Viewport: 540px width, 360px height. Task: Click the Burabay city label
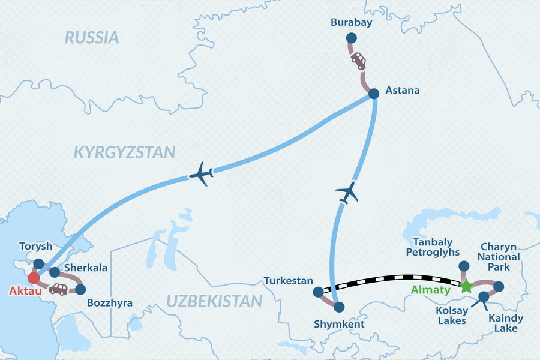[x=352, y=23]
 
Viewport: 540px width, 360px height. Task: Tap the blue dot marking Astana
[x=374, y=94]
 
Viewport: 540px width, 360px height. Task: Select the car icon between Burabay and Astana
[x=358, y=61]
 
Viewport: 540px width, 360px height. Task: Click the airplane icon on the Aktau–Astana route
[x=201, y=174]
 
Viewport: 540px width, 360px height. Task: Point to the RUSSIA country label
[x=92, y=38]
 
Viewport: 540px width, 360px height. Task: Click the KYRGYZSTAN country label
[x=124, y=152]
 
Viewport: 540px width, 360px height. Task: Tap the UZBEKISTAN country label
[x=214, y=301]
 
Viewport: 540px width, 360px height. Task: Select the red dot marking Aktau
[x=34, y=278]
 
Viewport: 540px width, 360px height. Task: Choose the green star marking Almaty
[x=466, y=287]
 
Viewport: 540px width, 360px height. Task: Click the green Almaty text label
[x=430, y=290]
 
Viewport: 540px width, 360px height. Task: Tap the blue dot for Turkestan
[x=318, y=293]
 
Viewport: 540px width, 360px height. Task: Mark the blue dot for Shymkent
[x=339, y=307]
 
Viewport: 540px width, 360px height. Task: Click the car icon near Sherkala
[x=58, y=289]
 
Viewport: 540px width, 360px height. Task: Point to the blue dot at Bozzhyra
[x=81, y=289]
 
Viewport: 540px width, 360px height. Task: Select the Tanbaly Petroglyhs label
[x=432, y=247]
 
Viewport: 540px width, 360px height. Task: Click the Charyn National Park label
[x=500, y=257]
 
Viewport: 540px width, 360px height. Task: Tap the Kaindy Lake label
[x=503, y=323]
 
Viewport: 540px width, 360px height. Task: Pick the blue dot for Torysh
[x=39, y=263]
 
